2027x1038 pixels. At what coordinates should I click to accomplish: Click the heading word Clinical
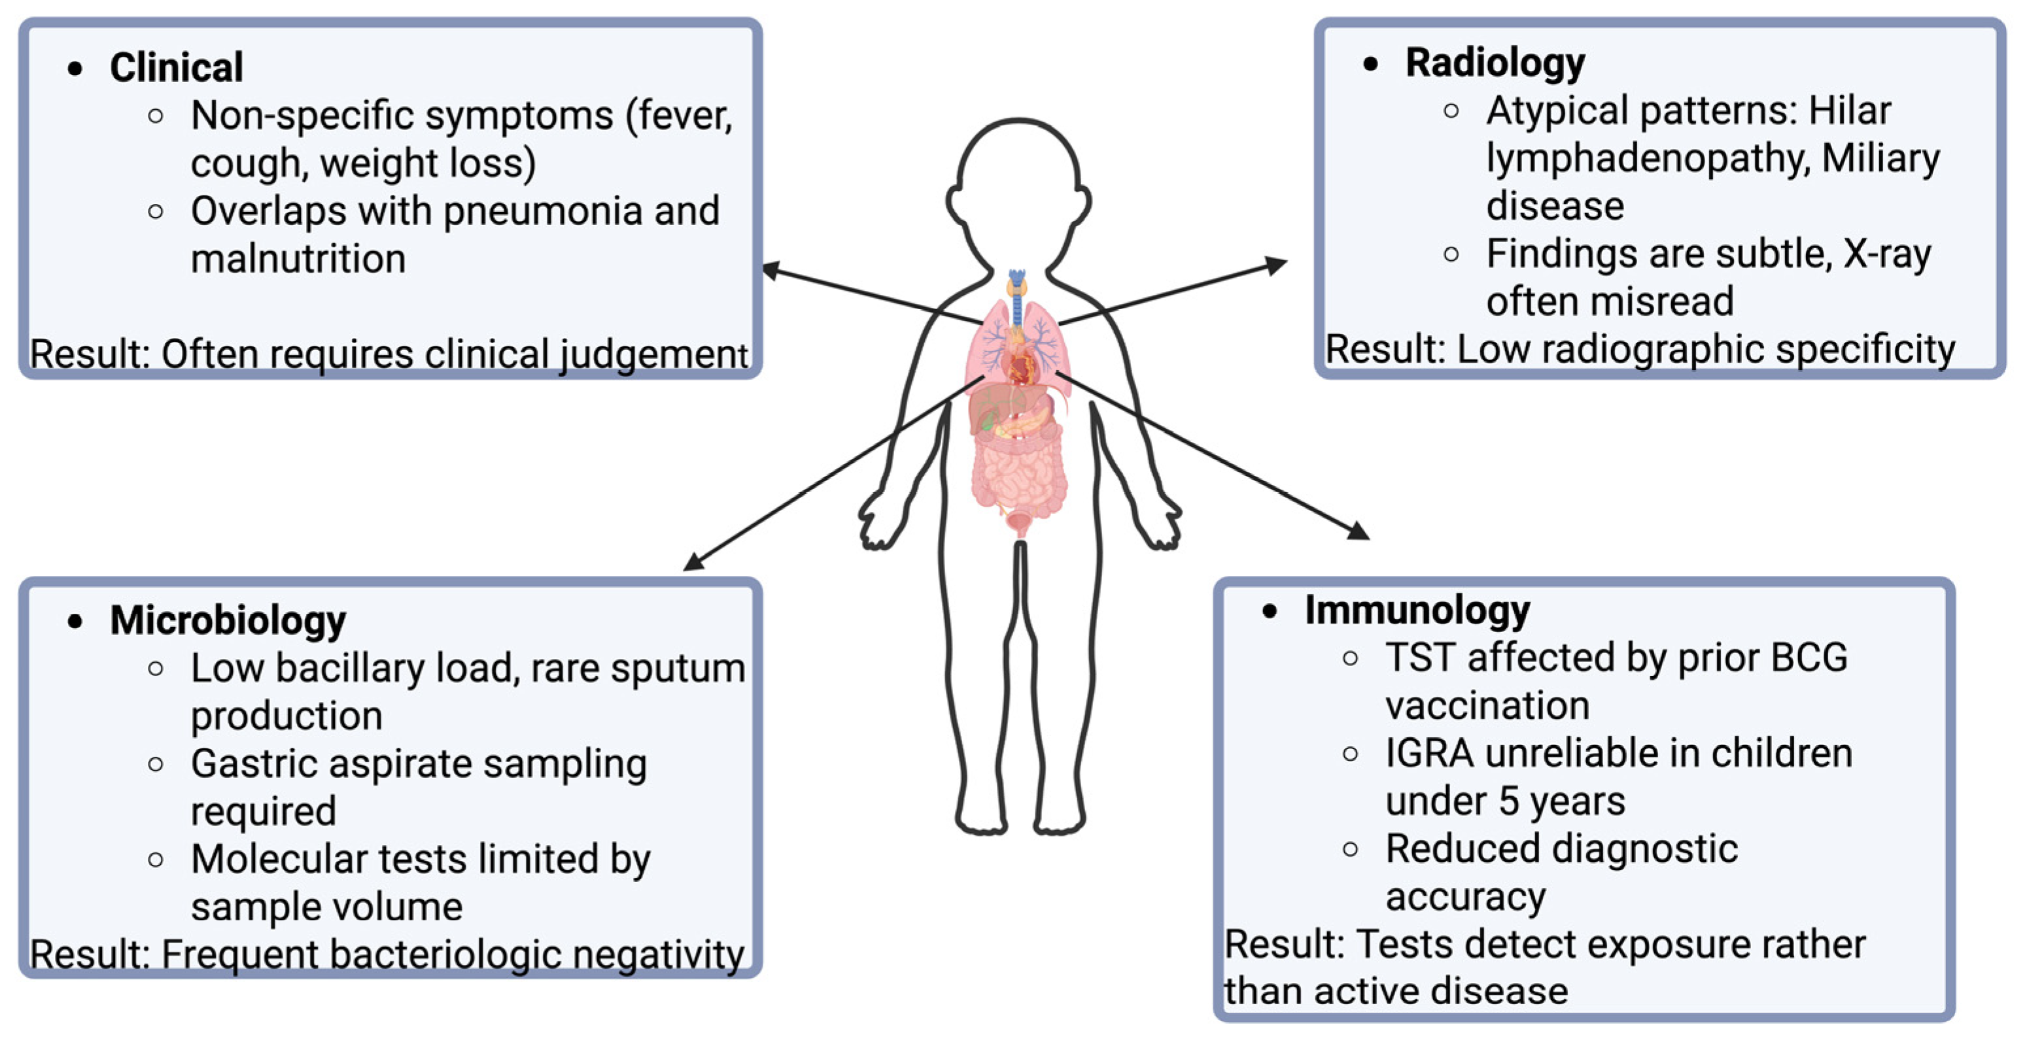click(x=176, y=67)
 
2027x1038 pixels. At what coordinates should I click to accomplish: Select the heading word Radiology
click(x=1495, y=63)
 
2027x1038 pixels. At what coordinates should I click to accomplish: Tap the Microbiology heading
click(x=228, y=620)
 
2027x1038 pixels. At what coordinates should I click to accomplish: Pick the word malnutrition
click(x=298, y=259)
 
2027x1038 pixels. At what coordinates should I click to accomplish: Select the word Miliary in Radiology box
click(x=1880, y=158)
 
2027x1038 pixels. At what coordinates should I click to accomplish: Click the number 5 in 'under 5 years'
click(x=1508, y=801)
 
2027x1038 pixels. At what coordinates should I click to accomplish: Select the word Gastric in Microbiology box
click(x=253, y=763)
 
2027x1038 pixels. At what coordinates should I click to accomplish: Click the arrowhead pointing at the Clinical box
click(x=771, y=270)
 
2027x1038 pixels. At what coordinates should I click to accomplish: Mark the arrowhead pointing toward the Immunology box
click(x=1360, y=532)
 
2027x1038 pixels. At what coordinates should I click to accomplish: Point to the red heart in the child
click(x=1022, y=365)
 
